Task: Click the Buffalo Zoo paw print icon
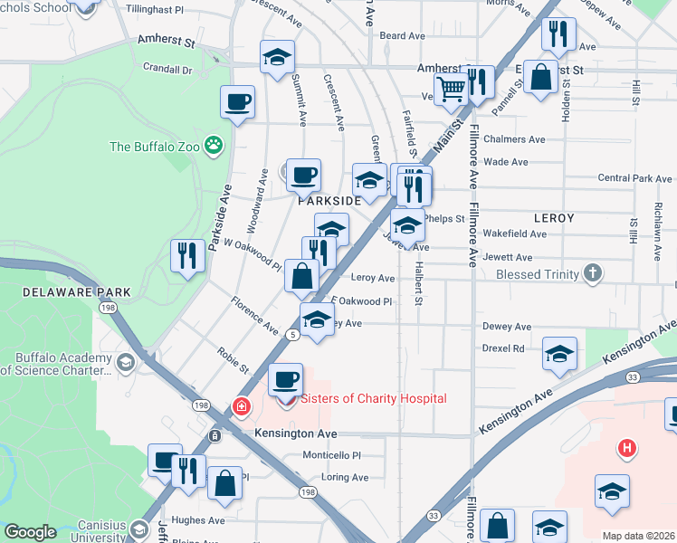pos(214,145)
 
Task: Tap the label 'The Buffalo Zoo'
pos(156,147)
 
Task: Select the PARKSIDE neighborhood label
pos(330,202)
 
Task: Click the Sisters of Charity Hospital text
pos(373,398)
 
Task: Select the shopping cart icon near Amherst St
pos(450,87)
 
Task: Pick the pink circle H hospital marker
pos(625,447)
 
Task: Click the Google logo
pos(30,532)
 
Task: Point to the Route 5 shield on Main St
pos(292,335)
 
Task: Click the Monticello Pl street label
pos(330,456)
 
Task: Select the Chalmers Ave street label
pos(513,139)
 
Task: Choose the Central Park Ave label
pos(634,179)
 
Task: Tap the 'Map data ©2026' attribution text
pos(638,536)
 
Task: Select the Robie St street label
pos(233,362)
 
